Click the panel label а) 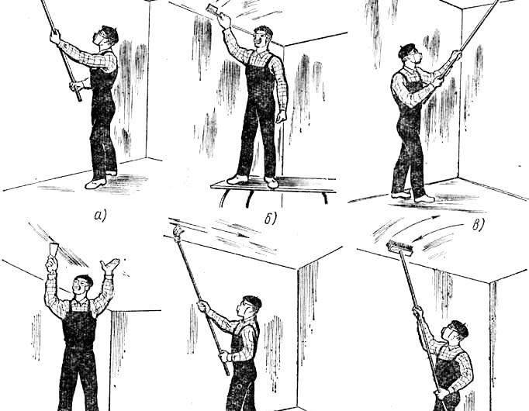point(99,216)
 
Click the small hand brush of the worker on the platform point(213,9)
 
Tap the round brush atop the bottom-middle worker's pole point(178,233)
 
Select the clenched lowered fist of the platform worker point(281,116)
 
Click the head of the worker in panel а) point(105,36)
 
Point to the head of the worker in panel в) point(410,54)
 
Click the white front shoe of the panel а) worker point(95,183)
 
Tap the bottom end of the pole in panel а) point(80,100)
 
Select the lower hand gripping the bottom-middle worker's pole point(224,357)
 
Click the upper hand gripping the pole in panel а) point(55,36)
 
